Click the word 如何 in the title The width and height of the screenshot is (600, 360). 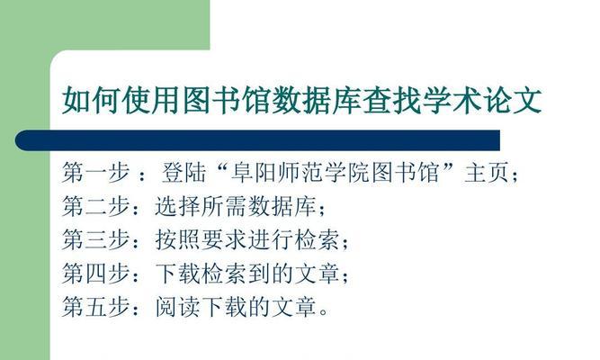tap(92, 100)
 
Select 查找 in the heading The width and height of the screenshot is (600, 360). tap(392, 100)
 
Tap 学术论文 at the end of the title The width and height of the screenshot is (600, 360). tap(482, 100)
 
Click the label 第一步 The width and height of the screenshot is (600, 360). tap(96, 172)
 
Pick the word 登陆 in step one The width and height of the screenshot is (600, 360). tap(184, 172)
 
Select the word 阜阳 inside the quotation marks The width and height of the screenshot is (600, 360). tap(254, 172)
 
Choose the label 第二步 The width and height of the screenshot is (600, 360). tap(96, 206)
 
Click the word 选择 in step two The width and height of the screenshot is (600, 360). tap(177, 206)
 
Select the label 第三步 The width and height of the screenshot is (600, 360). tap(96, 239)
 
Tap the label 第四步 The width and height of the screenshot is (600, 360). tap(96, 274)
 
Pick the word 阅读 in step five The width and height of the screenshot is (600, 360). tap(177, 307)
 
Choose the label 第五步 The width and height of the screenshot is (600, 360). tap(96, 307)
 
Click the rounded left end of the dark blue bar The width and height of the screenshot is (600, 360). tap(17, 140)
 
